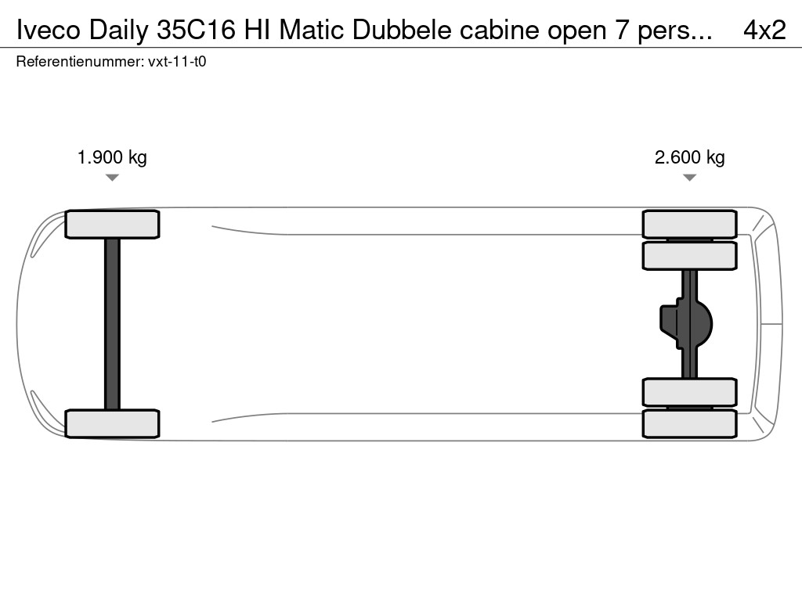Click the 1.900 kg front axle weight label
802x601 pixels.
112,157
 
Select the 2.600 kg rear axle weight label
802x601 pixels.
689,157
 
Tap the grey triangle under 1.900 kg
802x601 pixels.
112,178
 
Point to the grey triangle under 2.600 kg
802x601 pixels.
689,178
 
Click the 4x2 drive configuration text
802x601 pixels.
764,31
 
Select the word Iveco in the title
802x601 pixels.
49,31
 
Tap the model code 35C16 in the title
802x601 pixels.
196,31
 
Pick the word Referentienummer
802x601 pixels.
79,62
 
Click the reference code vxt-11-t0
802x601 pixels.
177,62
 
